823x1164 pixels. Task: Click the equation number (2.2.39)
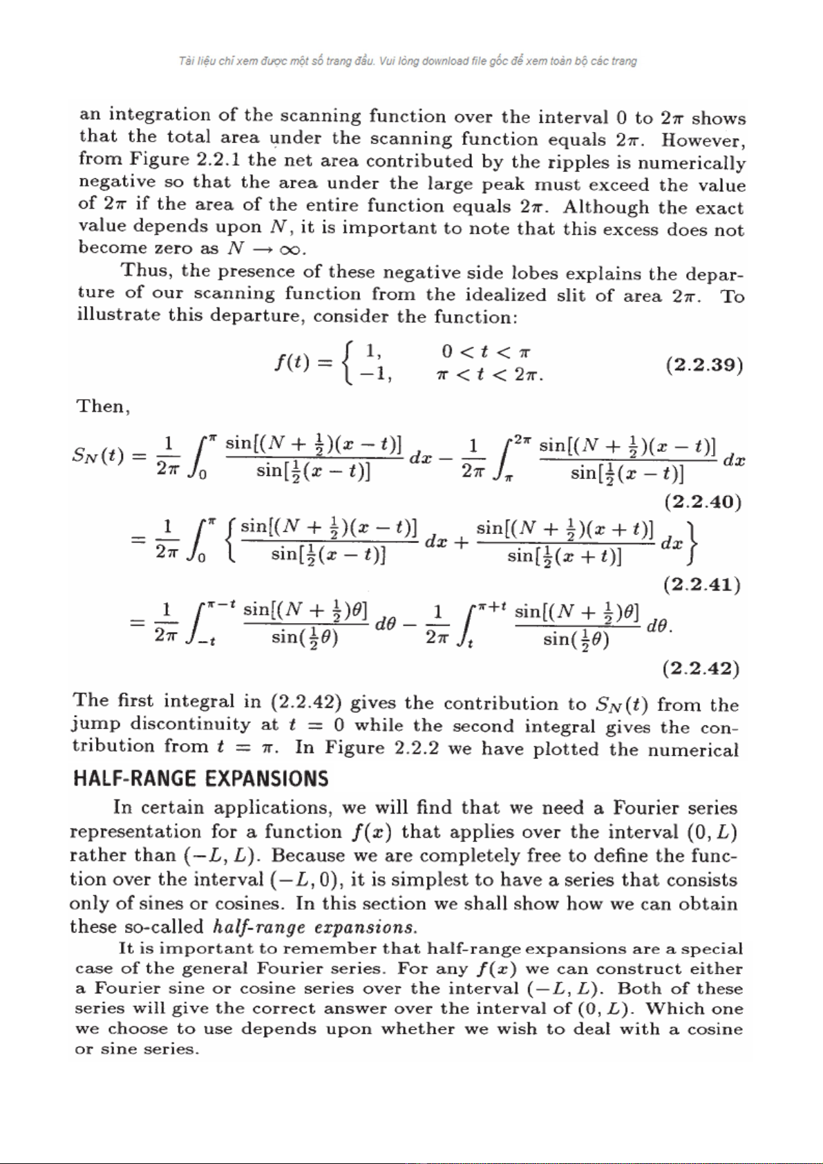coord(704,365)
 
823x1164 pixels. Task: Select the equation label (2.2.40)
coord(703,502)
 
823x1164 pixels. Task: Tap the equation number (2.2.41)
coord(702,585)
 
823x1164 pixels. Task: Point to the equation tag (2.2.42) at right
coord(701,669)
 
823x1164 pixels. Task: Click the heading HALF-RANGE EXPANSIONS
coord(201,779)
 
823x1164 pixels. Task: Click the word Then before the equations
coord(102,406)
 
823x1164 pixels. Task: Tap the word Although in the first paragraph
coord(606,207)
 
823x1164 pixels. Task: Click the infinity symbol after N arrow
coord(291,249)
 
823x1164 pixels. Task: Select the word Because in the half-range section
coord(308,855)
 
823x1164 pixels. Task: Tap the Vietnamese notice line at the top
coord(408,61)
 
